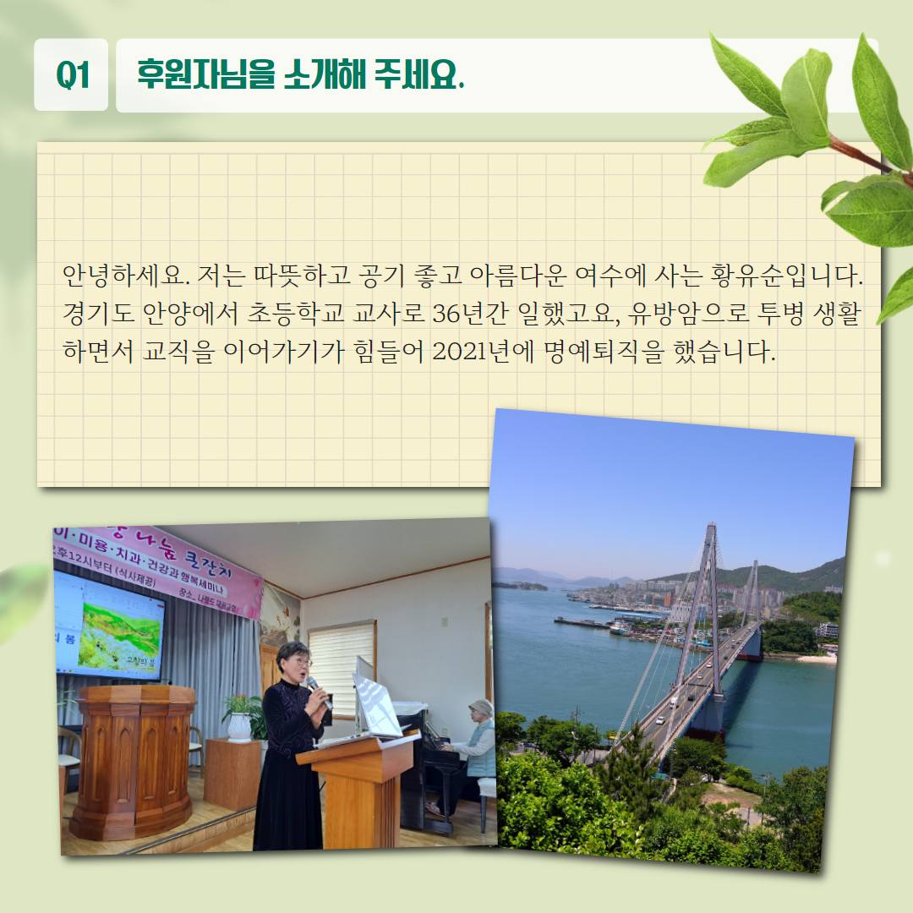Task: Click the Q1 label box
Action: coord(71,74)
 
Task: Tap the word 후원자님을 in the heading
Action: coord(205,74)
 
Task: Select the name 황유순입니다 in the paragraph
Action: coord(785,276)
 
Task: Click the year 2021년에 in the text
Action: coord(483,352)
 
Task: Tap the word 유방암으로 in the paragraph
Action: coord(688,314)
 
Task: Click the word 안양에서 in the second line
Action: coord(190,314)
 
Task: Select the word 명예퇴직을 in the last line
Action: coord(604,352)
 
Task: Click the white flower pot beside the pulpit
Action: coord(238,727)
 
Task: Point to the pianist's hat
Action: coord(481,708)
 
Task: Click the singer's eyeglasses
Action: coord(302,662)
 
